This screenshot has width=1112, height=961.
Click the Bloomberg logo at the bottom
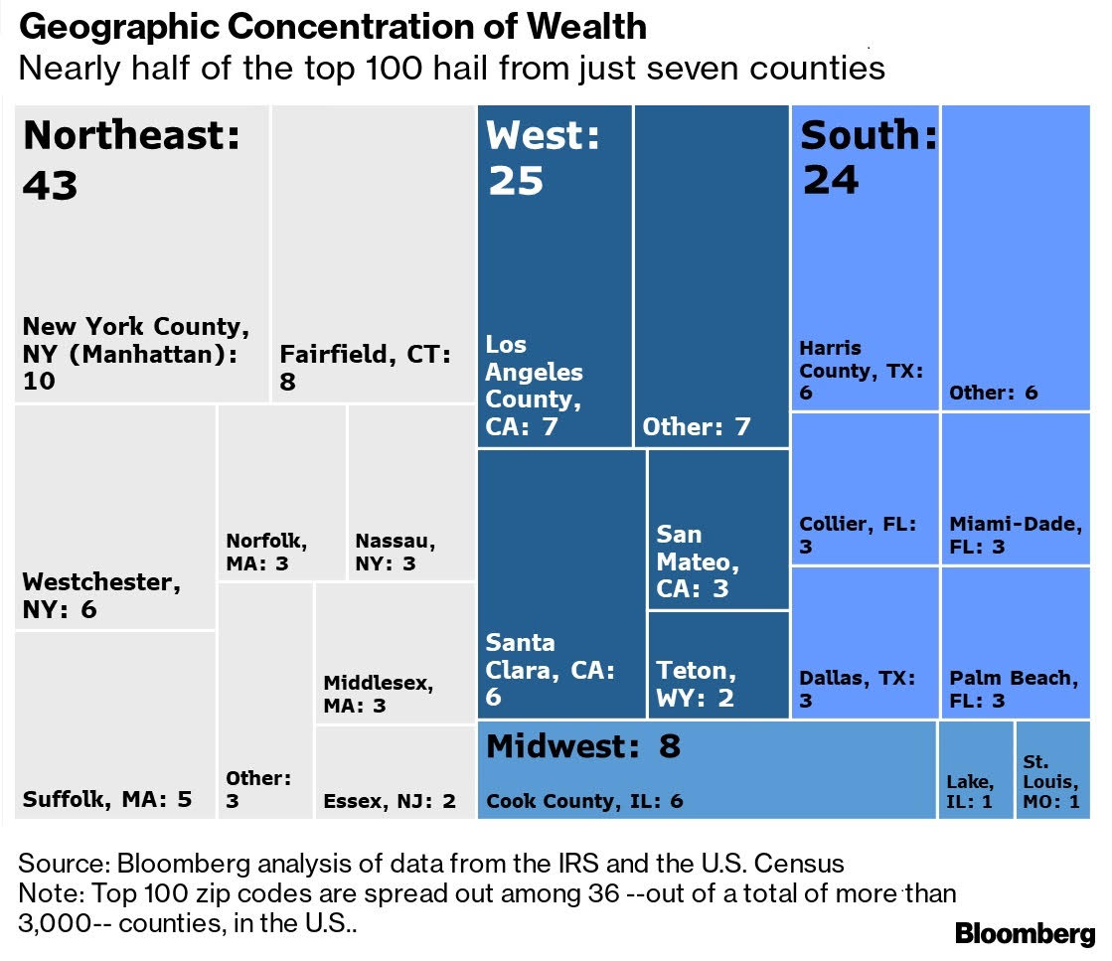pos(1025,934)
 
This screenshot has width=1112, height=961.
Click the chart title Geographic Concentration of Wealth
pos(333,26)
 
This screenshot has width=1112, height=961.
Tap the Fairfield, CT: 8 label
pos(366,367)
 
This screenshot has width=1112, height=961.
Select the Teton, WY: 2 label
pos(697,684)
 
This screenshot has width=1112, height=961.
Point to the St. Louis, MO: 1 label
pos(1051,782)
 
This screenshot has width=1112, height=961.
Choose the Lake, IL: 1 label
pos(970,791)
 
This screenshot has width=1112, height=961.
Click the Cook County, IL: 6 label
pos(584,801)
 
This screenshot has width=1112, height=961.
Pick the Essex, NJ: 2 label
pos(390,801)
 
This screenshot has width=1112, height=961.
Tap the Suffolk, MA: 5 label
pos(107,799)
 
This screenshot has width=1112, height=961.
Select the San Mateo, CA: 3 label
pos(698,561)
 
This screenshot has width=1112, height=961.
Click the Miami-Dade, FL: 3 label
pos(1015,535)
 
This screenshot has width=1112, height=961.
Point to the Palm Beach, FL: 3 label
pos(1014,690)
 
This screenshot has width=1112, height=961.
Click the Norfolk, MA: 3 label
pos(266,553)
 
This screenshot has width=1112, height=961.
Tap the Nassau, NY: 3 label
pos(396,553)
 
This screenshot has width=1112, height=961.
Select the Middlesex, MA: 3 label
pos(379,694)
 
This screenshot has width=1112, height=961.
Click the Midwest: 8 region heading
pos(583,745)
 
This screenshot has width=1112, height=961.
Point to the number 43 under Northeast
pos(51,185)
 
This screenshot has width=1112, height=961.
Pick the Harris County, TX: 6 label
pos(862,370)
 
